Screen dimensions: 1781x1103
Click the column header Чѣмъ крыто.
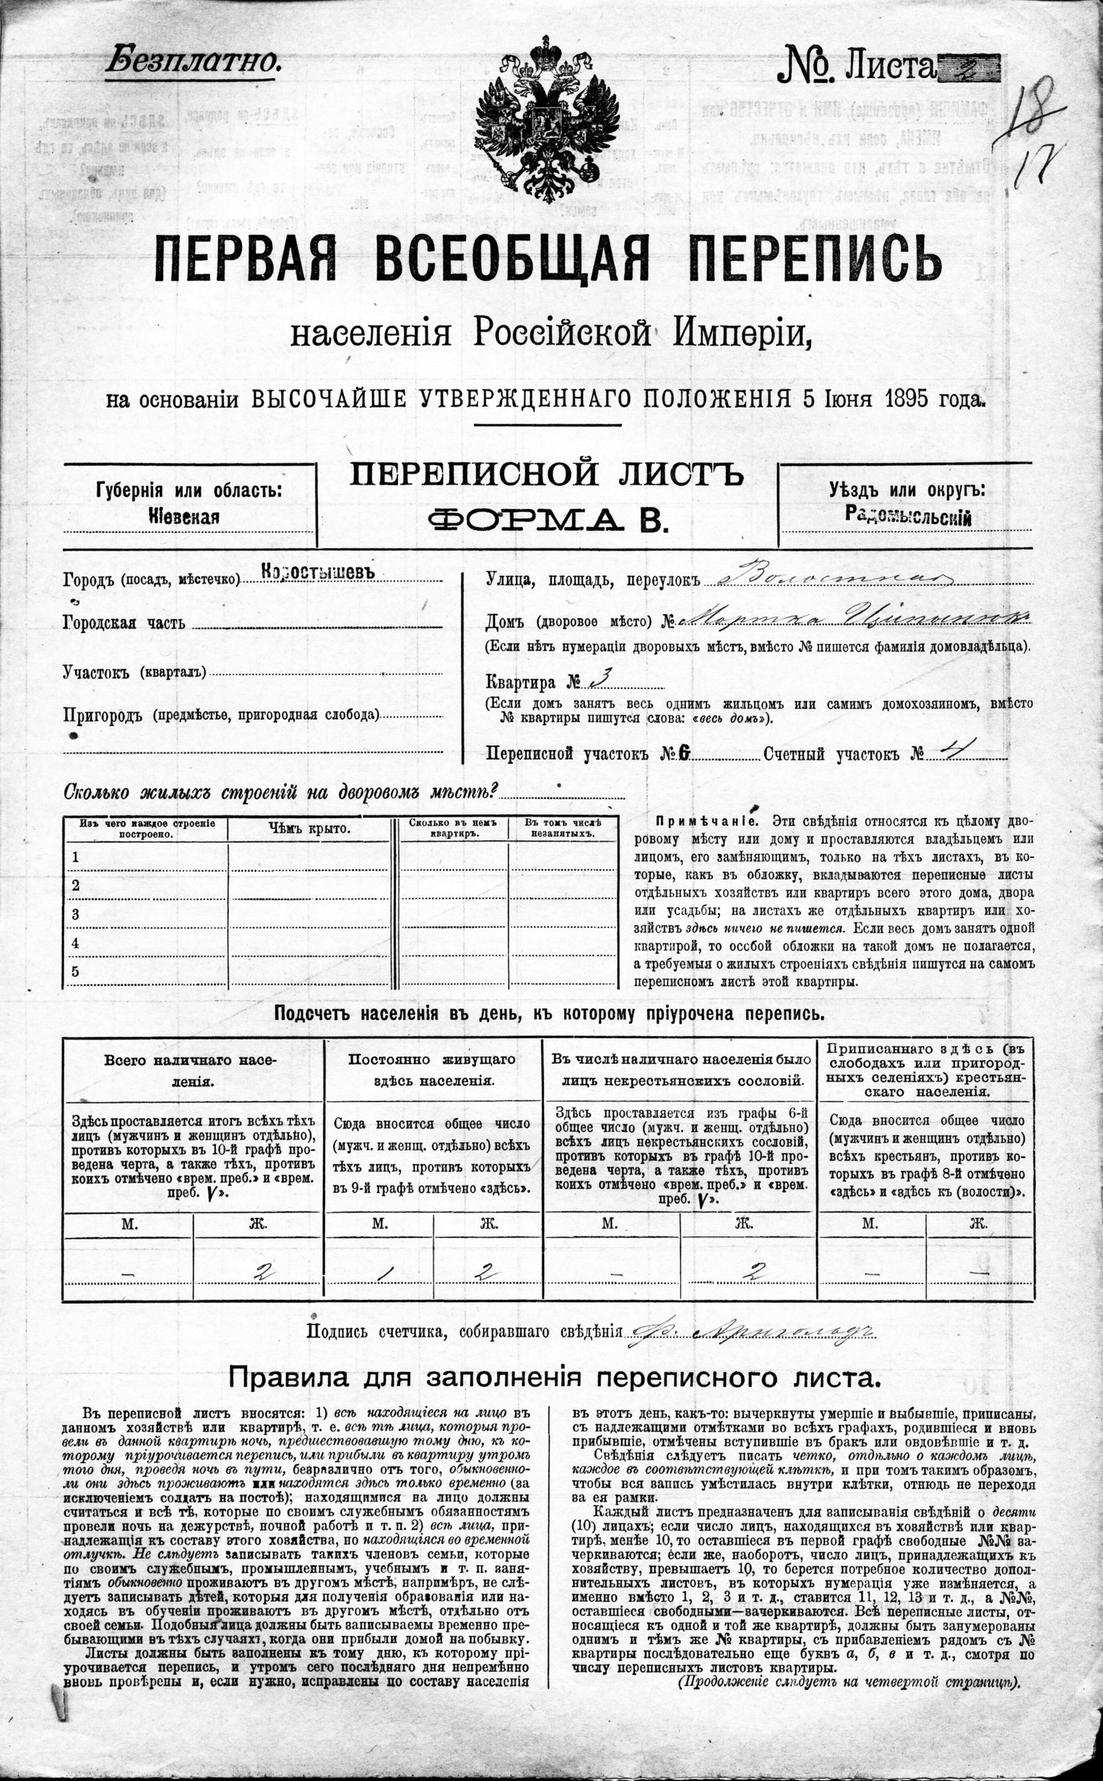coord(308,828)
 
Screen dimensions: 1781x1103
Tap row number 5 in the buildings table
coord(74,971)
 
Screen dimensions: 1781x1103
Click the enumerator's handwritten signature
coord(751,1331)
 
